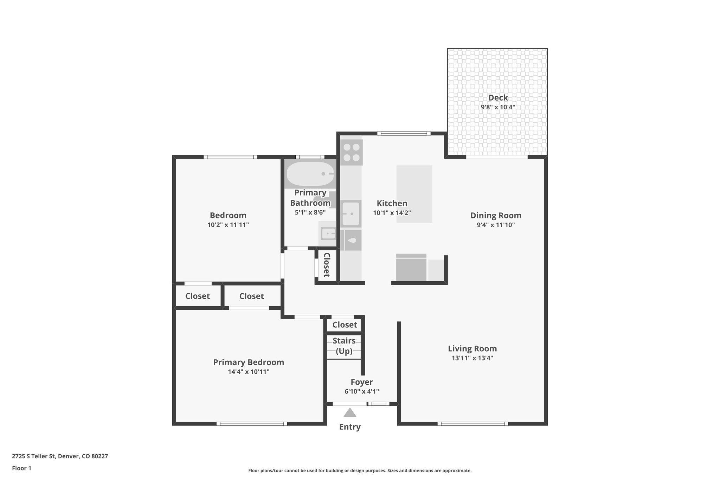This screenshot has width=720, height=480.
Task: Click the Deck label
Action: (x=498, y=98)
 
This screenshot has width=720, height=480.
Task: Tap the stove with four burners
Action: (x=351, y=153)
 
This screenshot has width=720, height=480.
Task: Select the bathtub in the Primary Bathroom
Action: (x=310, y=174)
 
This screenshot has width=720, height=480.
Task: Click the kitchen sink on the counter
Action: (x=351, y=213)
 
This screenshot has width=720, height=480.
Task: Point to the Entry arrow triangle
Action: (x=350, y=412)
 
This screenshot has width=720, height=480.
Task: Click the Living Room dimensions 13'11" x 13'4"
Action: (x=472, y=358)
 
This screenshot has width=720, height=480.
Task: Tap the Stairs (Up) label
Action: (x=344, y=346)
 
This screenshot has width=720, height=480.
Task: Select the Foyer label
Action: (x=361, y=382)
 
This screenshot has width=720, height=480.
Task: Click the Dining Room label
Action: (x=496, y=216)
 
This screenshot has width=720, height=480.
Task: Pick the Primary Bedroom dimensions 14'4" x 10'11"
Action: (x=249, y=372)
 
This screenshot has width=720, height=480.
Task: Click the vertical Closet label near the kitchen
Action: (x=327, y=265)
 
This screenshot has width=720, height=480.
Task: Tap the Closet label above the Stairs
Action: (x=345, y=325)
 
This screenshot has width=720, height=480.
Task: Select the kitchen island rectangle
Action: (x=414, y=194)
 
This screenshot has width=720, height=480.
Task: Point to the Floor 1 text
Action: (x=21, y=468)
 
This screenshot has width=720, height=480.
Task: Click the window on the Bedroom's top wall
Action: (x=230, y=157)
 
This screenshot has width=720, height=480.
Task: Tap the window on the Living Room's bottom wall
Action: (x=472, y=424)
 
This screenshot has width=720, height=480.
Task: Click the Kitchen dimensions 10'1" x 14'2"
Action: (x=392, y=213)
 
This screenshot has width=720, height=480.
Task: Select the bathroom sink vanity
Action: (x=328, y=233)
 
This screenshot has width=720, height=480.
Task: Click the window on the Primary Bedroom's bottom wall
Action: (x=252, y=424)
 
